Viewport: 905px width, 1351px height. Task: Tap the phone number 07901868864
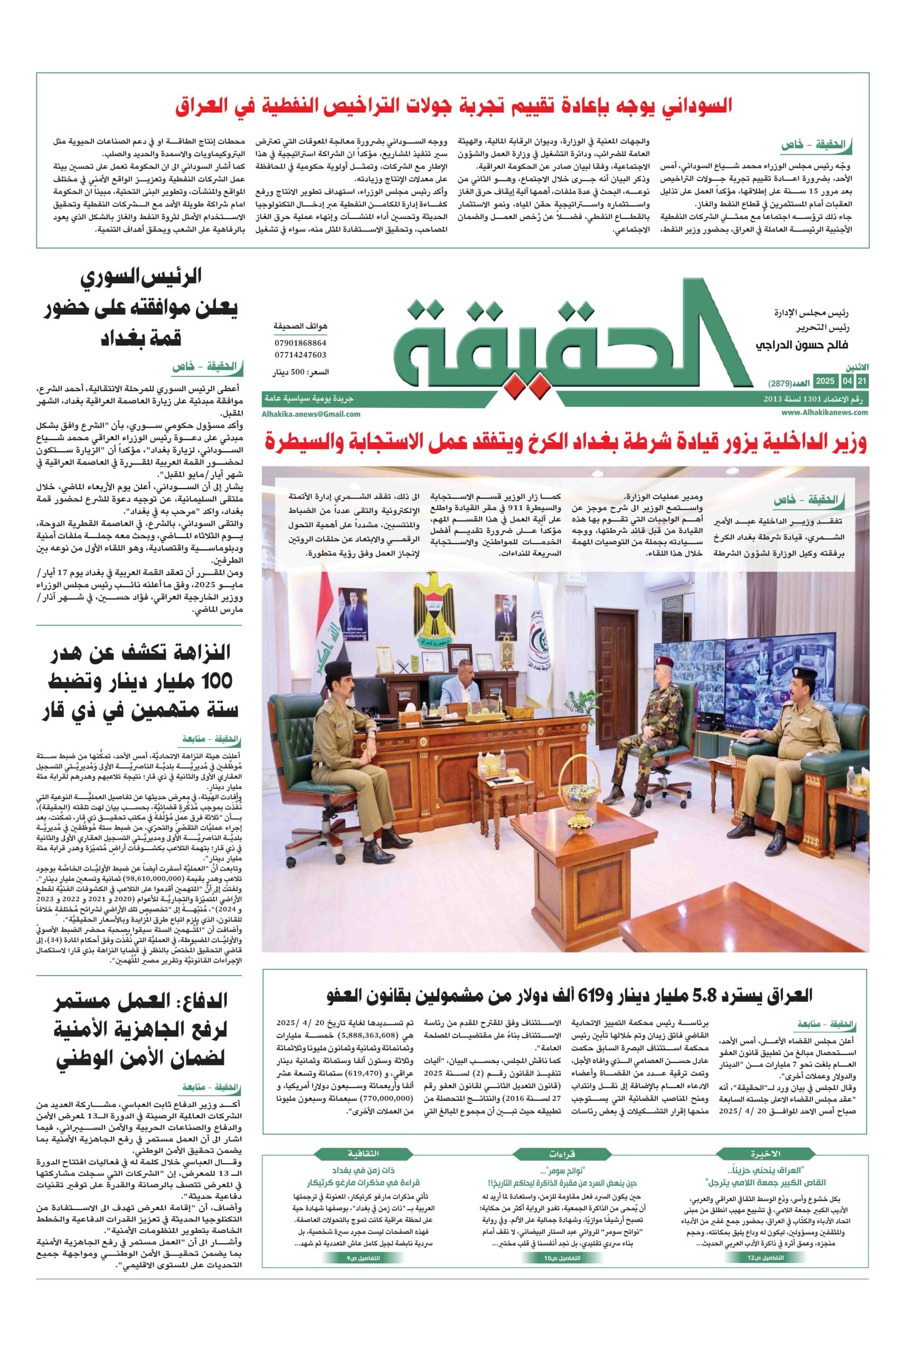tap(300, 342)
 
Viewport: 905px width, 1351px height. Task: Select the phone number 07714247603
tap(300, 355)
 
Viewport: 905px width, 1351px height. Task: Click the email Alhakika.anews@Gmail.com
tap(311, 414)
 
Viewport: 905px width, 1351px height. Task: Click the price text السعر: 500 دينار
tap(301, 373)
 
